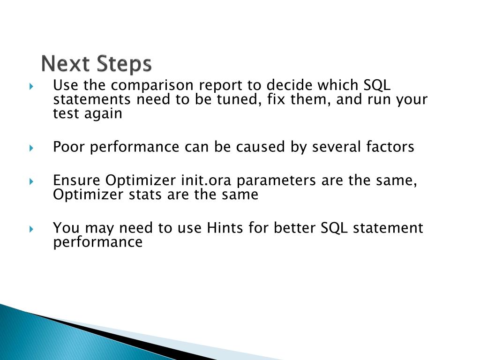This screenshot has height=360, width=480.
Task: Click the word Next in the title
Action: tap(66, 63)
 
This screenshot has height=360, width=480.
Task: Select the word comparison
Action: tap(152, 85)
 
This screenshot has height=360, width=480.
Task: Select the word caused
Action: tap(260, 146)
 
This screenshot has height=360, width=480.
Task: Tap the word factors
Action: tap(390, 146)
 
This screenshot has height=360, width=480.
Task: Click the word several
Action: tap(336, 146)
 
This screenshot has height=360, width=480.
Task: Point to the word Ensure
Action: tap(76, 180)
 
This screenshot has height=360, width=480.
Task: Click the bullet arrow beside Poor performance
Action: tap(31, 148)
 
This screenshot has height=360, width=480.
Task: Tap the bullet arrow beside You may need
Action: tap(31, 229)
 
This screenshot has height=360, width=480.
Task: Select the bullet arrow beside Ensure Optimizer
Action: tap(31, 181)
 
